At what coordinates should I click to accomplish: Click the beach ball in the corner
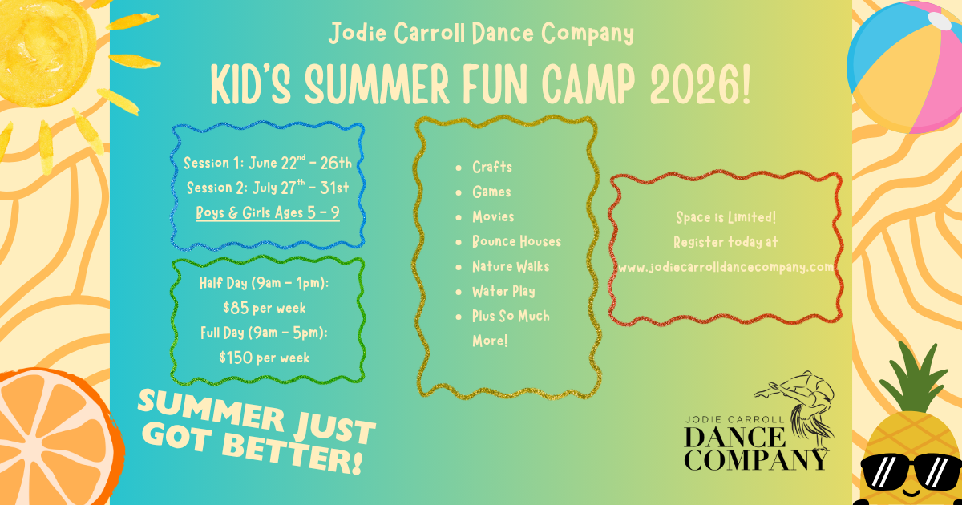click(x=906, y=67)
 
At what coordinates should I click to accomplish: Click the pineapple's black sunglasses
click(x=911, y=471)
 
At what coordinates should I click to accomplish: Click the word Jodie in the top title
click(x=358, y=33)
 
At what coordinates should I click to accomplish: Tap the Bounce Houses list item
click(x=516, y=241)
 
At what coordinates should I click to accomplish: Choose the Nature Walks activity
click(x=511, y=266)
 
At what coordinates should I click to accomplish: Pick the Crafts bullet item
click(x=492, y=167)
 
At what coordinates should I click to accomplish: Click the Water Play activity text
click(x=503, y=291)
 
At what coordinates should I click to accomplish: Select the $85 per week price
click(x=264, y=308)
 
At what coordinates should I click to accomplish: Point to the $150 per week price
click(x=264, y=358)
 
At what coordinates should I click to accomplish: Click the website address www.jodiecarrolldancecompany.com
click(x=726, y=267)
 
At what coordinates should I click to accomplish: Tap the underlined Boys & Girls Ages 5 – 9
click(x=268, y=213)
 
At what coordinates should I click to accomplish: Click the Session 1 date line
click(x=268, y=162)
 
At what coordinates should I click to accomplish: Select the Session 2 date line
click(x=268, y=188)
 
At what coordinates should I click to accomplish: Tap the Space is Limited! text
click(x=726, y=217)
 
